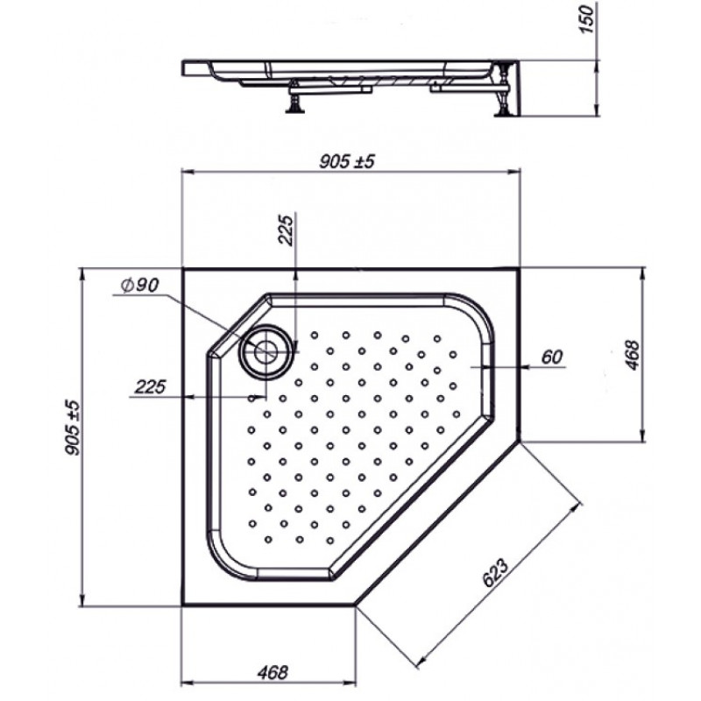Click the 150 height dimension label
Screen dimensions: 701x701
[x=587, y=19]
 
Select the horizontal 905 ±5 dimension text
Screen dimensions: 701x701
[x=346, y=161]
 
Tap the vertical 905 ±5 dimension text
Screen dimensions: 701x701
[x=73, y=428]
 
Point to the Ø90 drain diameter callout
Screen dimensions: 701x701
[x=140, y=285]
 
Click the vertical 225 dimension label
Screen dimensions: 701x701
[x=286, y=230]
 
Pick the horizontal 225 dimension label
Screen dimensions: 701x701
[x=150, y=386]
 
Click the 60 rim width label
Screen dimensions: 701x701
[x=552, y=357]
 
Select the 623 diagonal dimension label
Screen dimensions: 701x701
[x=495, y=573]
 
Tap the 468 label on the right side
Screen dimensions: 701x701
[x=632, y=355]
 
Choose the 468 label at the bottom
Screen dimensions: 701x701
[x=273, y=672]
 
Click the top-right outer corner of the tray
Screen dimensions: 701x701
[x=520, y=268]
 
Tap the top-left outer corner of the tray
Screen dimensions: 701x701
[x=183, y=268]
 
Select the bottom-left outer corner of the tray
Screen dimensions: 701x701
[x=183, y=605]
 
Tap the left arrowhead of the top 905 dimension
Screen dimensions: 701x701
[x=188, y=171]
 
